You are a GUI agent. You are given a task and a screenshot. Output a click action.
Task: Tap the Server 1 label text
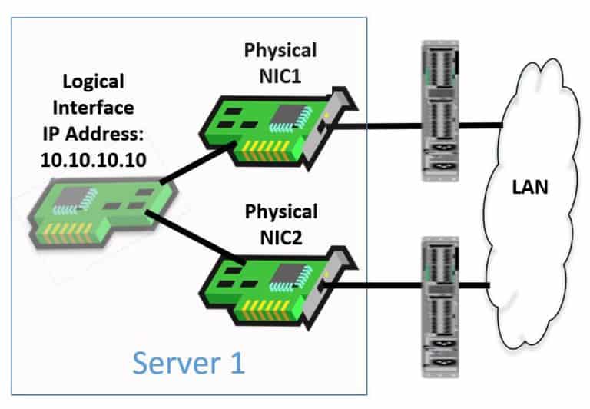(188, 361)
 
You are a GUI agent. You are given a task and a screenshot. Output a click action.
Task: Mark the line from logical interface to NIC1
(195, 165)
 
